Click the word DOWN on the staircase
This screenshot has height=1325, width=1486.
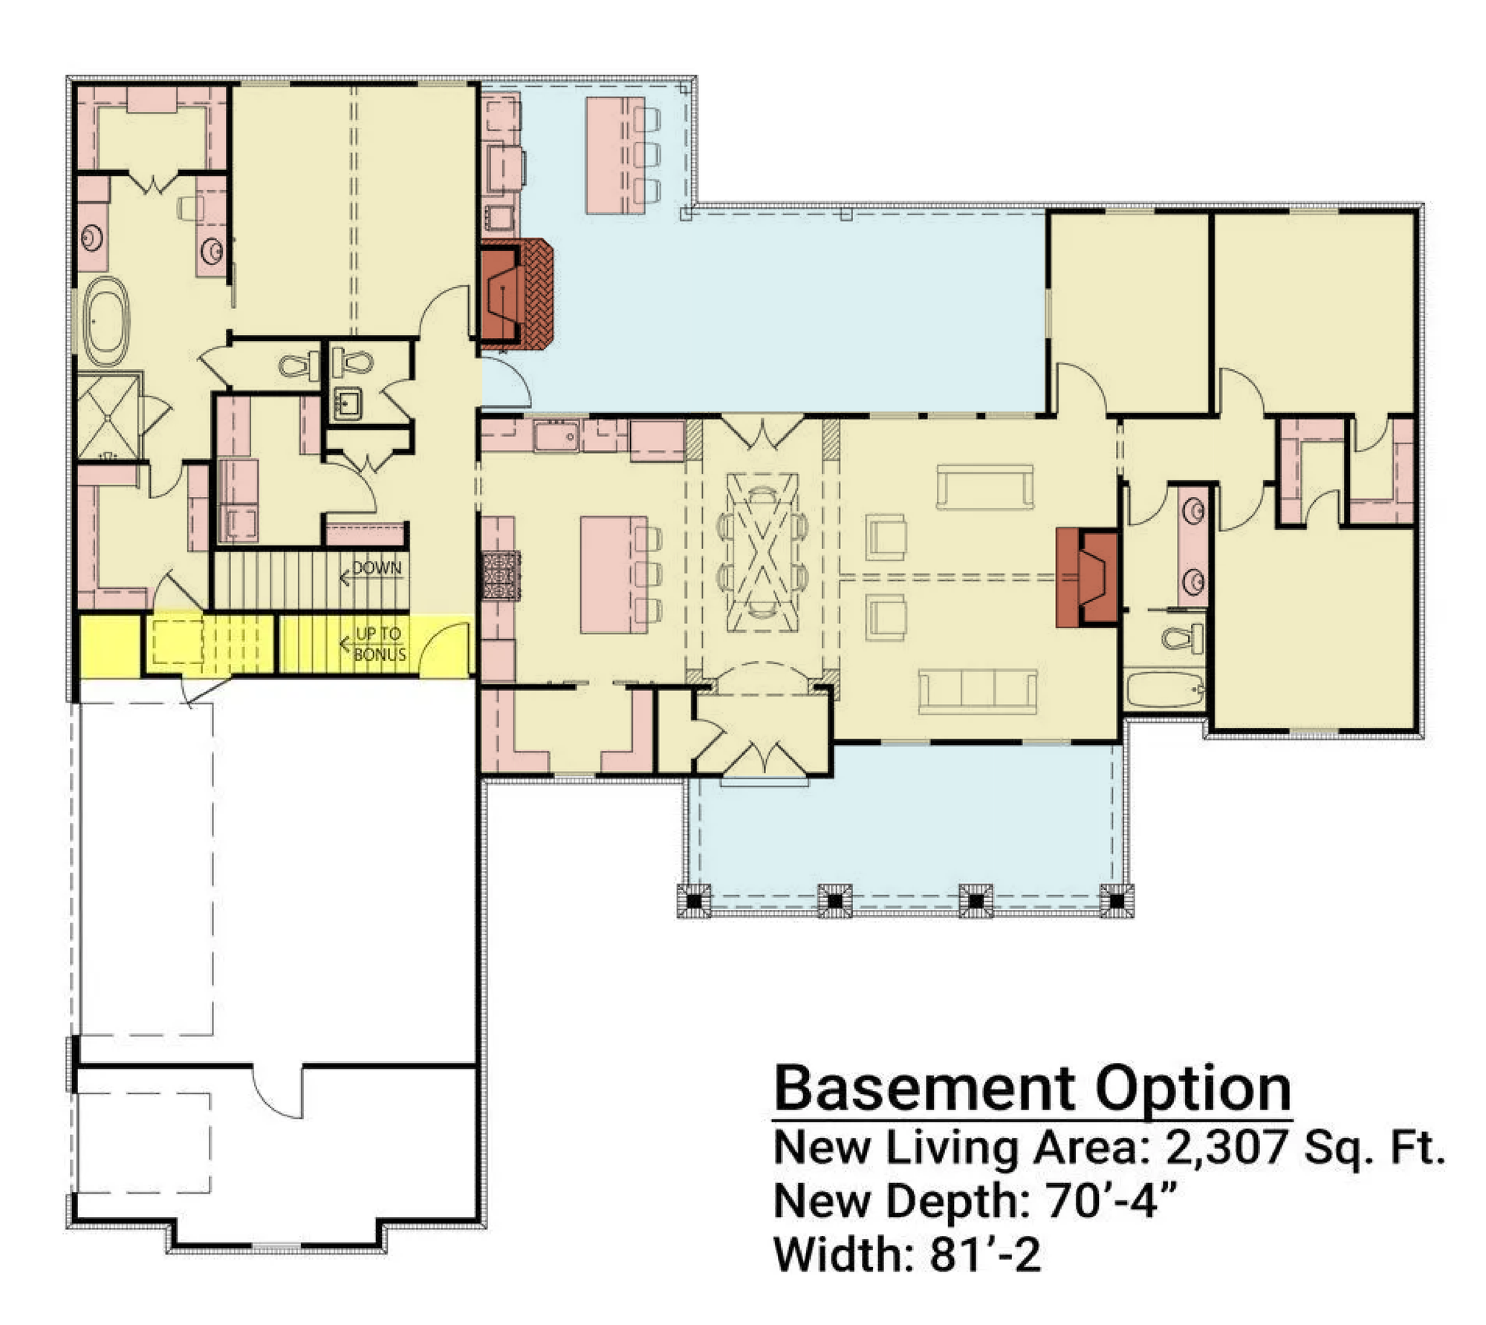[x=377, y=568]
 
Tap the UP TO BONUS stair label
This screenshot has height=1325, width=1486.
[x=380, y=644]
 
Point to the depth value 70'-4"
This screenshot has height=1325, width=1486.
[x=1112, y=1200]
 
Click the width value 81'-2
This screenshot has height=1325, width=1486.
[x=984, y=1254]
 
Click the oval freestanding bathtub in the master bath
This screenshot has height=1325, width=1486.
[x=106, y=322]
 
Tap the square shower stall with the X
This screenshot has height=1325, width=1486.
[x=108, y=417]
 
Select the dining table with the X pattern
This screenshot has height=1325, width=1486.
[x=762, y=552]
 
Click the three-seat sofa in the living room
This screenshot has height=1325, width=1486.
[x=978, y=691]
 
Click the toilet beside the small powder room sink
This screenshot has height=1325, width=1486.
[x=352, y=362]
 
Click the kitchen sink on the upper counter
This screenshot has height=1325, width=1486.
[x=556, y=436]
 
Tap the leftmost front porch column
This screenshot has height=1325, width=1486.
[x=694, y=901]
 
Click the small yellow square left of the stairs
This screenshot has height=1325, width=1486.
[x=110, y=645]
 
